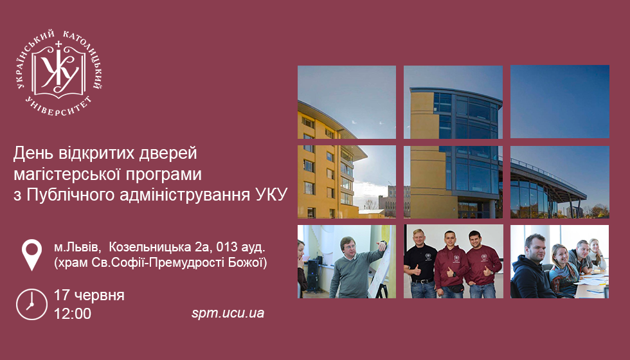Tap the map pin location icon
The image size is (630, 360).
pyautogui.click(x=32, y=255)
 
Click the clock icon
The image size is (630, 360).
pyautogui.click(x=32, y=304)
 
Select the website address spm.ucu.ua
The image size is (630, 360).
pyautogui.click(x=228, y=313)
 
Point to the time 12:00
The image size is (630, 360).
pyautogui.click(x=73, y=314)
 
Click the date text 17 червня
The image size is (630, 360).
pyautogui.click(x=89, y=295)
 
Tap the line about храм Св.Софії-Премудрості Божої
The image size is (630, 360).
pyautogui.click(x=161, y=263)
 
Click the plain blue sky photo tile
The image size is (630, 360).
pyautogui.click(x=560, y=102)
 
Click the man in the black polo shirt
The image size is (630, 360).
pyautogui.click(x=420, y=264)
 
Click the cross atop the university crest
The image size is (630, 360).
pyautogui.click(x=59, y=44)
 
